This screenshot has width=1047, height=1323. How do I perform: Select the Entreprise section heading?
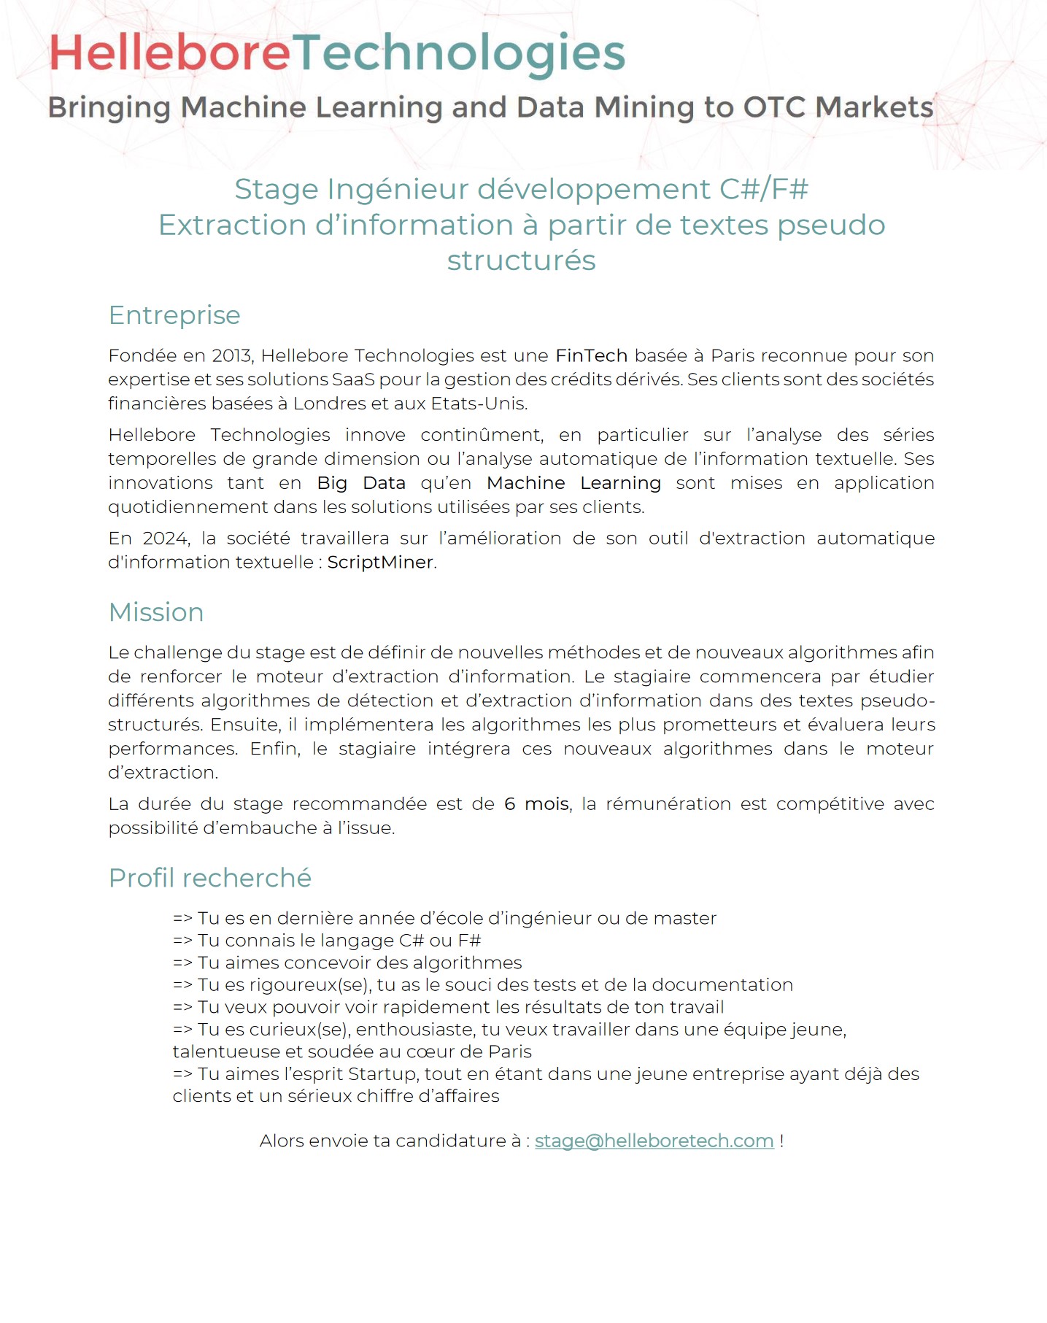tap(174, 315)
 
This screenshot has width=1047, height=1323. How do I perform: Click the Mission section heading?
tap(156, 612)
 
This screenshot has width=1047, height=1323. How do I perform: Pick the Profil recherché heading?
tap(210, 878)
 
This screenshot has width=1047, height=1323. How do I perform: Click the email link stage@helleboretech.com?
tap(654, 1141)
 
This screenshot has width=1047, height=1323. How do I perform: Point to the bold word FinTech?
tap(591, 355)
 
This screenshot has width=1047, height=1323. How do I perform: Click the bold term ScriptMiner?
tap(379, 562)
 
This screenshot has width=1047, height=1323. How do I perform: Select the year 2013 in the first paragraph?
tap(231, 355)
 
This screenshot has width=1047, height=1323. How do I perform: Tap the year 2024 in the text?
tap(166, 538)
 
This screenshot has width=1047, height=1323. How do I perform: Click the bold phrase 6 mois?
tap(536, 803)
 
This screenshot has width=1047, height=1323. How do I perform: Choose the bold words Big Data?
tap(361, 483)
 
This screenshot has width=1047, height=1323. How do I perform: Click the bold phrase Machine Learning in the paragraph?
tap(573, 483)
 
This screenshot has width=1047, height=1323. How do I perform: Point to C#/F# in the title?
tap(764, 189)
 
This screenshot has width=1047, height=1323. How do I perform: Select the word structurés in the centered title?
tap(522, 261)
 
